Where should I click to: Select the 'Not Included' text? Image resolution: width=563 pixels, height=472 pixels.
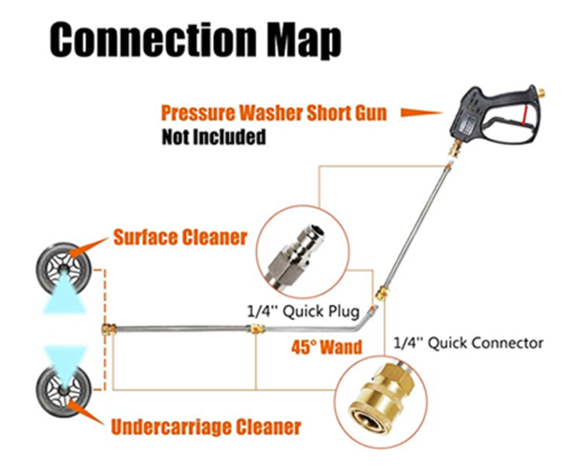pos(213,137)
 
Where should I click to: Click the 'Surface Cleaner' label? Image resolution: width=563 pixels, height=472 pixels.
pos(180,238)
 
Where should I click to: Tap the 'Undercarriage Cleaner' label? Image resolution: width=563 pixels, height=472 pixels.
pos(207,425)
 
